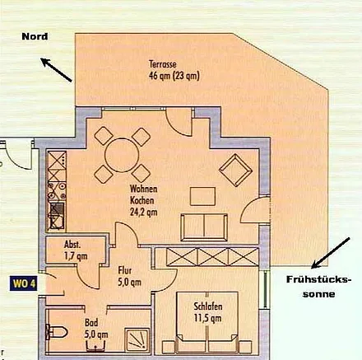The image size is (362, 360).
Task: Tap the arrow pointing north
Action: point(57,72)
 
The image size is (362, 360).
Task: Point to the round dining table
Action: point(121,152)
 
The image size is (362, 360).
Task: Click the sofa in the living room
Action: point(203,225)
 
